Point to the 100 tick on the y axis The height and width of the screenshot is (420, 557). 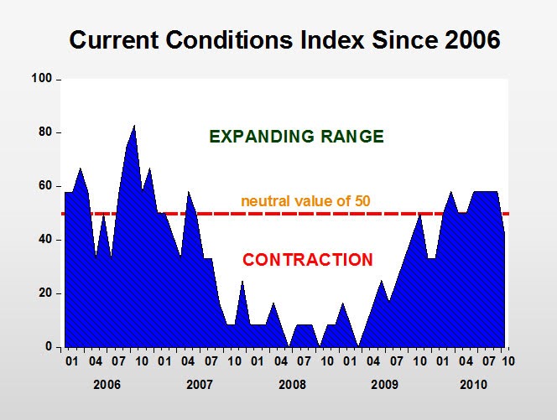[x=42, y=79]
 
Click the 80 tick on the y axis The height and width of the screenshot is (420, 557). [x=45, y=132]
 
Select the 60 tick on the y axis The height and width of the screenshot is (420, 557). [x=45, y=186]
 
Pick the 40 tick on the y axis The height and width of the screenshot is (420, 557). [x=45, y=240]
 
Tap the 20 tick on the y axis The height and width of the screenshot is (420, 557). [x=45, y=293]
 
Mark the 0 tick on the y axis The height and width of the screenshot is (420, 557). [x=49, y=347]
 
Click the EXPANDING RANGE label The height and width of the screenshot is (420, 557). [x=296, y=137]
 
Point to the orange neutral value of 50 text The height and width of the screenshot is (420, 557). [x=305, y=201]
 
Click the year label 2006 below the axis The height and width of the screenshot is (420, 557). [x=107, y=385]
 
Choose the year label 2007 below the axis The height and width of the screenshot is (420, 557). [x=199, y=385]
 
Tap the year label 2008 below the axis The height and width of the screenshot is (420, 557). [x=292, y=385]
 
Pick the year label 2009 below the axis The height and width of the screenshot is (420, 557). [x=384, y=385]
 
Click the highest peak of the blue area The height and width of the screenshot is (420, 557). [x=134, y=127]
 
